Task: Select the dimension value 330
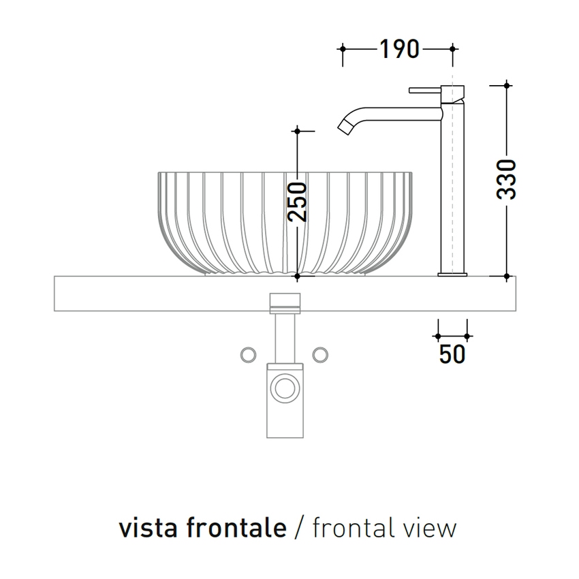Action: click(x=506, y=180)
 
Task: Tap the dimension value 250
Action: click(x=297, y=202)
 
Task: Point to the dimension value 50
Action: click(x=452, y=355)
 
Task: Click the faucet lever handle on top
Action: click(x=425, y=89)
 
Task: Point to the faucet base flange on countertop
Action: click(x=452, y=275)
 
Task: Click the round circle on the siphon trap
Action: click(x=283, y=389)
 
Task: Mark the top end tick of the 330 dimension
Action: click(x=506, y=84)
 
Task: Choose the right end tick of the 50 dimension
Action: click(x=467, y=336)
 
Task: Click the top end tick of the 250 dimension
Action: click(x=297, y=129)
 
